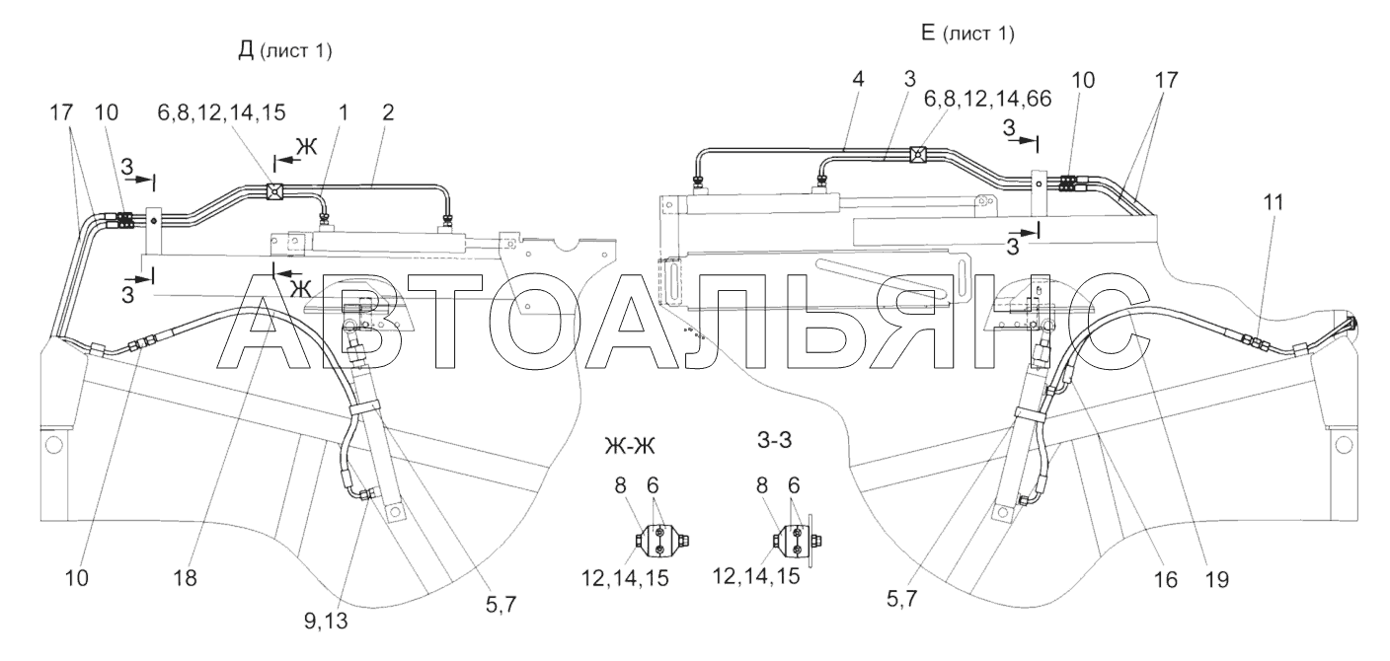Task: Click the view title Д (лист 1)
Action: click(x=285, y=50)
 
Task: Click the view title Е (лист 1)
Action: click(x=967, y=33)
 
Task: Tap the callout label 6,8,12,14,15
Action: click(x=221, y=111)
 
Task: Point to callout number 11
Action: click(x=1273, y=202)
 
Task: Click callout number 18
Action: click(x=186, y=578)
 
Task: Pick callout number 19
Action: click(x=1216, y=579)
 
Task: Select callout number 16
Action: click(x=1165, y=579)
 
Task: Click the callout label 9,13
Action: click(x=326, y=622)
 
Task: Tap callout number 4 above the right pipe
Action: click(x=858, y=79)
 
